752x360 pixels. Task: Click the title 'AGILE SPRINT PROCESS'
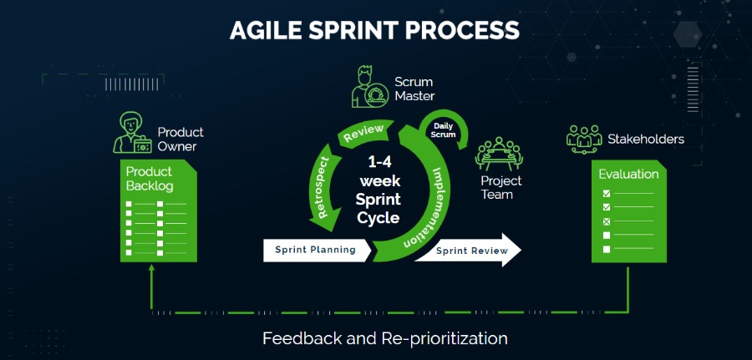[x=375, y=30]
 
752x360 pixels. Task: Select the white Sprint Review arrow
[x=467, y=250]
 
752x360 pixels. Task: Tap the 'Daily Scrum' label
[x=443, y=129]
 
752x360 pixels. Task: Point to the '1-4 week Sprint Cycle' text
[x=379, y=189]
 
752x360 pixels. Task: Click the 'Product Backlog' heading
[x=150, y=179]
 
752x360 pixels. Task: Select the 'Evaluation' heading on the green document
[x=628, y=175]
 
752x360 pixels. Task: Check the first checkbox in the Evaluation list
[x=607, y=193]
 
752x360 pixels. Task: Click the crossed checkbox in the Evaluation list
[x=607, y=221]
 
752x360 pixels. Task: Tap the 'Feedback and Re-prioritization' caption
[x=385, y=338]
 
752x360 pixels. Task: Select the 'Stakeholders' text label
[x=646, y=139]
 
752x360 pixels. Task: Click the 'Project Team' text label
[x=501, y=188]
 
